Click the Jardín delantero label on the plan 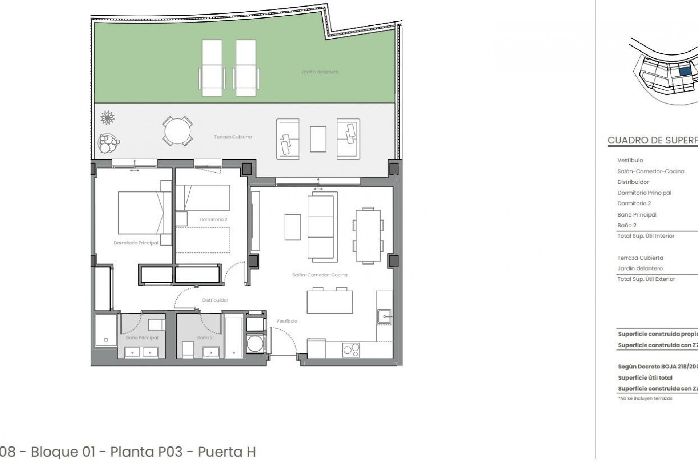[x=320, y=72]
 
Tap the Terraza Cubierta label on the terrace [x=233, y=137]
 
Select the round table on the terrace [x=177, y=131]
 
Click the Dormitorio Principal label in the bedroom [x=136, y=243]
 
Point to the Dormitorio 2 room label [x=213, y=219]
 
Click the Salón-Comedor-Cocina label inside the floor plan [x=320, y=275]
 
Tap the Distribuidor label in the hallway [x=215, y=300]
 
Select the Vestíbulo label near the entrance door [x=287, y=321]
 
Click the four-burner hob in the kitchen [x=351, y=350]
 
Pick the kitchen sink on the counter [x=384, y=316]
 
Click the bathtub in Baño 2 [x=234, y=337]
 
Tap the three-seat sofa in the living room [x=321, y=227]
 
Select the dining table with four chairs [x=368, y=235]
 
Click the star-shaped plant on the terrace [x=107, y=118]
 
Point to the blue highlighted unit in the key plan [x=685, y=71]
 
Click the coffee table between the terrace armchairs [x=318, y=139]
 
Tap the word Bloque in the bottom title [x=63, y=452]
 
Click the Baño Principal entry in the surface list [x=637, y=214]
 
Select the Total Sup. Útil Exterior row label [x=646, y=279]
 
